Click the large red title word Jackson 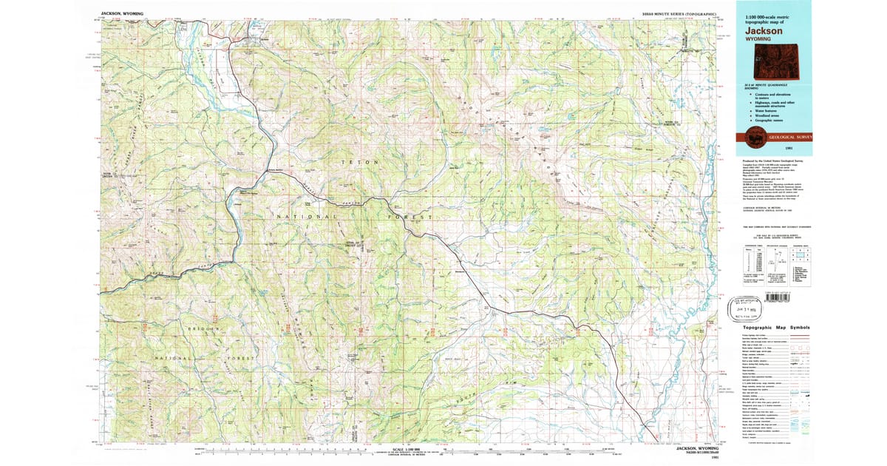pos(766,31)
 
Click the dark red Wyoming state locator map pos(791,57)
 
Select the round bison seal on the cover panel pos(753,136)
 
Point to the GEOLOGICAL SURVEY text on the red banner pos(790,137)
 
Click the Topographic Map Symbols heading pos(776,327)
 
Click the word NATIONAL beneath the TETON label pos(305,215)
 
